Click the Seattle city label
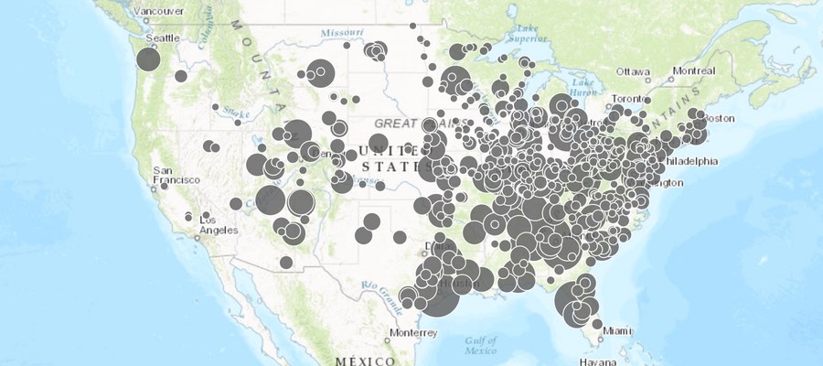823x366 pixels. (x=163, y=38)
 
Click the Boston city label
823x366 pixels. (x=720, y=118)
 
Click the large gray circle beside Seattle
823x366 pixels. (x=148, y=59)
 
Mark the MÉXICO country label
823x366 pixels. (x=365, y=361)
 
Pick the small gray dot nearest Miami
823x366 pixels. (x=596, y=324)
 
